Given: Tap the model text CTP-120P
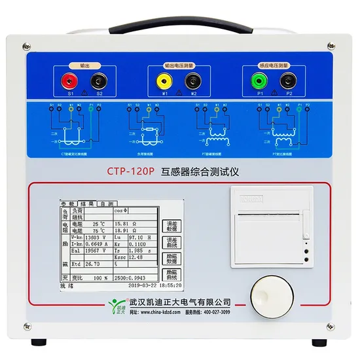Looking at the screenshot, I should [130, 173].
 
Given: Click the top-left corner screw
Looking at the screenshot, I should [26, 46].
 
